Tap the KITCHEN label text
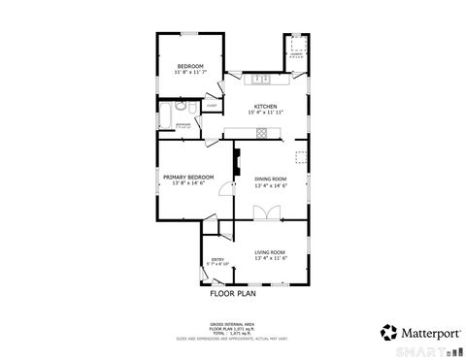[265, 106]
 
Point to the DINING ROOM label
[270, 179]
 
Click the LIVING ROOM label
[270, 251]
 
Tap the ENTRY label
[217, 259]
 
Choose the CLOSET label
[212, 106]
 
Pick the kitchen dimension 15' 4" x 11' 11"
[265, 113]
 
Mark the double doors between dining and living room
[260, 213]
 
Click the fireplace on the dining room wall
[236, 165]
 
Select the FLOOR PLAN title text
[232, 292]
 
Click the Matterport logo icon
[387, 332]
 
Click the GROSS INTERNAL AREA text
[232, 323]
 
